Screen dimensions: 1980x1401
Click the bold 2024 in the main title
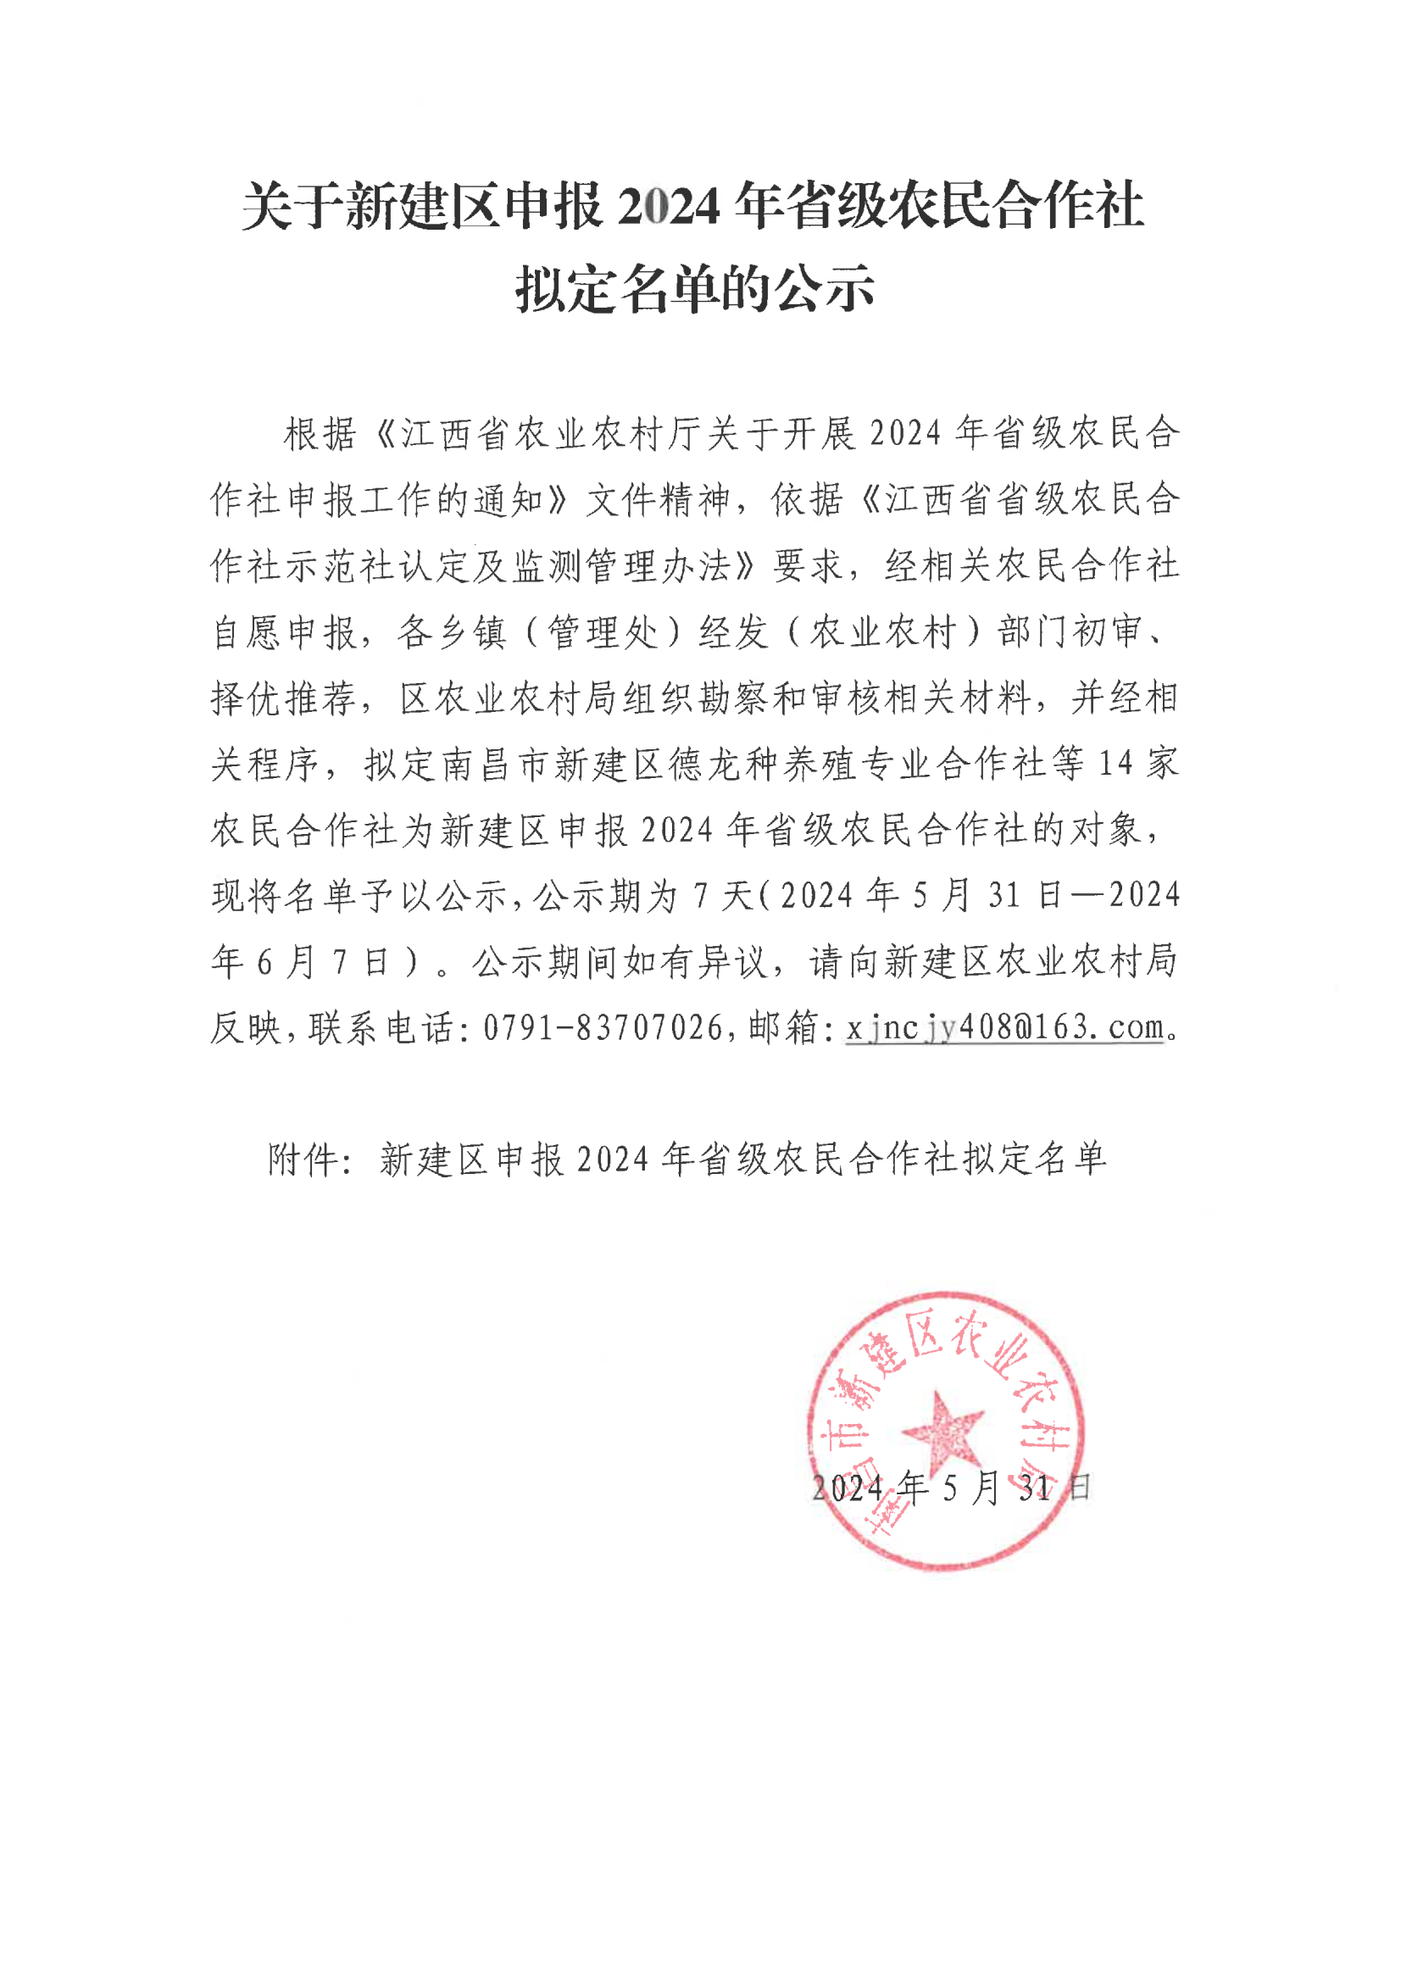point(670,207)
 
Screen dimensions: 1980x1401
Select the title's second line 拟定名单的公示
point(695,288)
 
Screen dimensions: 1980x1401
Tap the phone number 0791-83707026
point(602,1027)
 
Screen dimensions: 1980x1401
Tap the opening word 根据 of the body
point(320,433)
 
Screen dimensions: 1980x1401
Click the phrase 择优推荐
point(284,698)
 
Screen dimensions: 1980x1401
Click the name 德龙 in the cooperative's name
point(705,764)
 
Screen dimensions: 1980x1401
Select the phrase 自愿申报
point(284,632)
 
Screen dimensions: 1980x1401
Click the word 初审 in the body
point(1107,632)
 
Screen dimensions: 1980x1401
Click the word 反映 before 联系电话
point(247,1027)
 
